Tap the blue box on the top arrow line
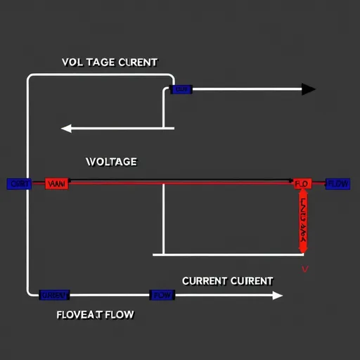[x=181, y=89]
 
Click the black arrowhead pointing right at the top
[x=308, y=89]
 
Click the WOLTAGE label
[x=111, y=162]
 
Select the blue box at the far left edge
[x=19, y=184]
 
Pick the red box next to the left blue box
[x=56, y=184]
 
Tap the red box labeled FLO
[x=302, y=184]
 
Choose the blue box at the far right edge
[x=338, y=184]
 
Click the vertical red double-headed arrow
[x=303, y=221]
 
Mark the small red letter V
[x=304, y=269]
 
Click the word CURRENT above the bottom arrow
[x=205, y=281]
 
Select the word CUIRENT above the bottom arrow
[x=252, y=281]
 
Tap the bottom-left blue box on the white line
[x=53, y=295]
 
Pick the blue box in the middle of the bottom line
[x=162, y=295]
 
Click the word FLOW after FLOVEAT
[x=119, y=314]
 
